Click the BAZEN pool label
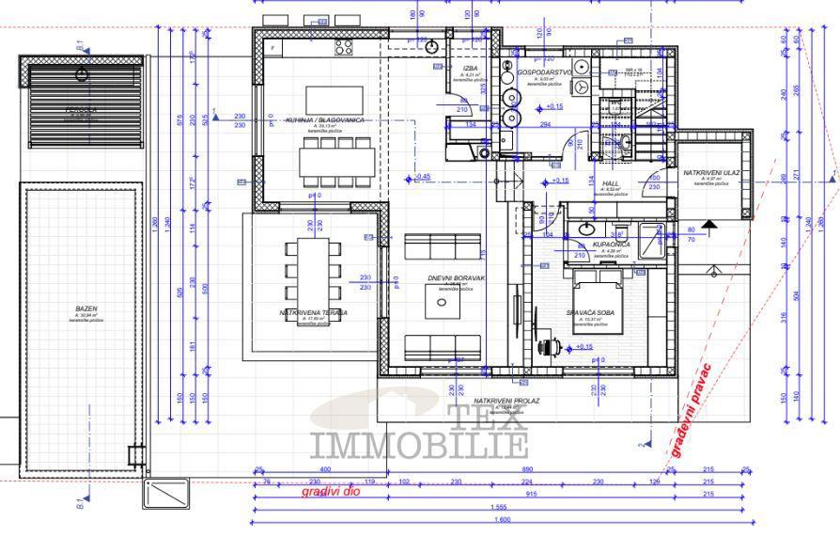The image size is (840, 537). pos(86,308)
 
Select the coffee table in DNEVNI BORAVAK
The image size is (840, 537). pos(442,298)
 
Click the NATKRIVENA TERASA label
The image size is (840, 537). pos(314,311)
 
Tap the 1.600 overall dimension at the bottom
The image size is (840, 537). pos(504,520)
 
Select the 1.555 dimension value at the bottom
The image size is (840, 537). pos(504,508)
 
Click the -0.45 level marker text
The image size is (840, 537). pos(421,176)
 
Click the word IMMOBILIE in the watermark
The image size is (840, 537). pos(418,445)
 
